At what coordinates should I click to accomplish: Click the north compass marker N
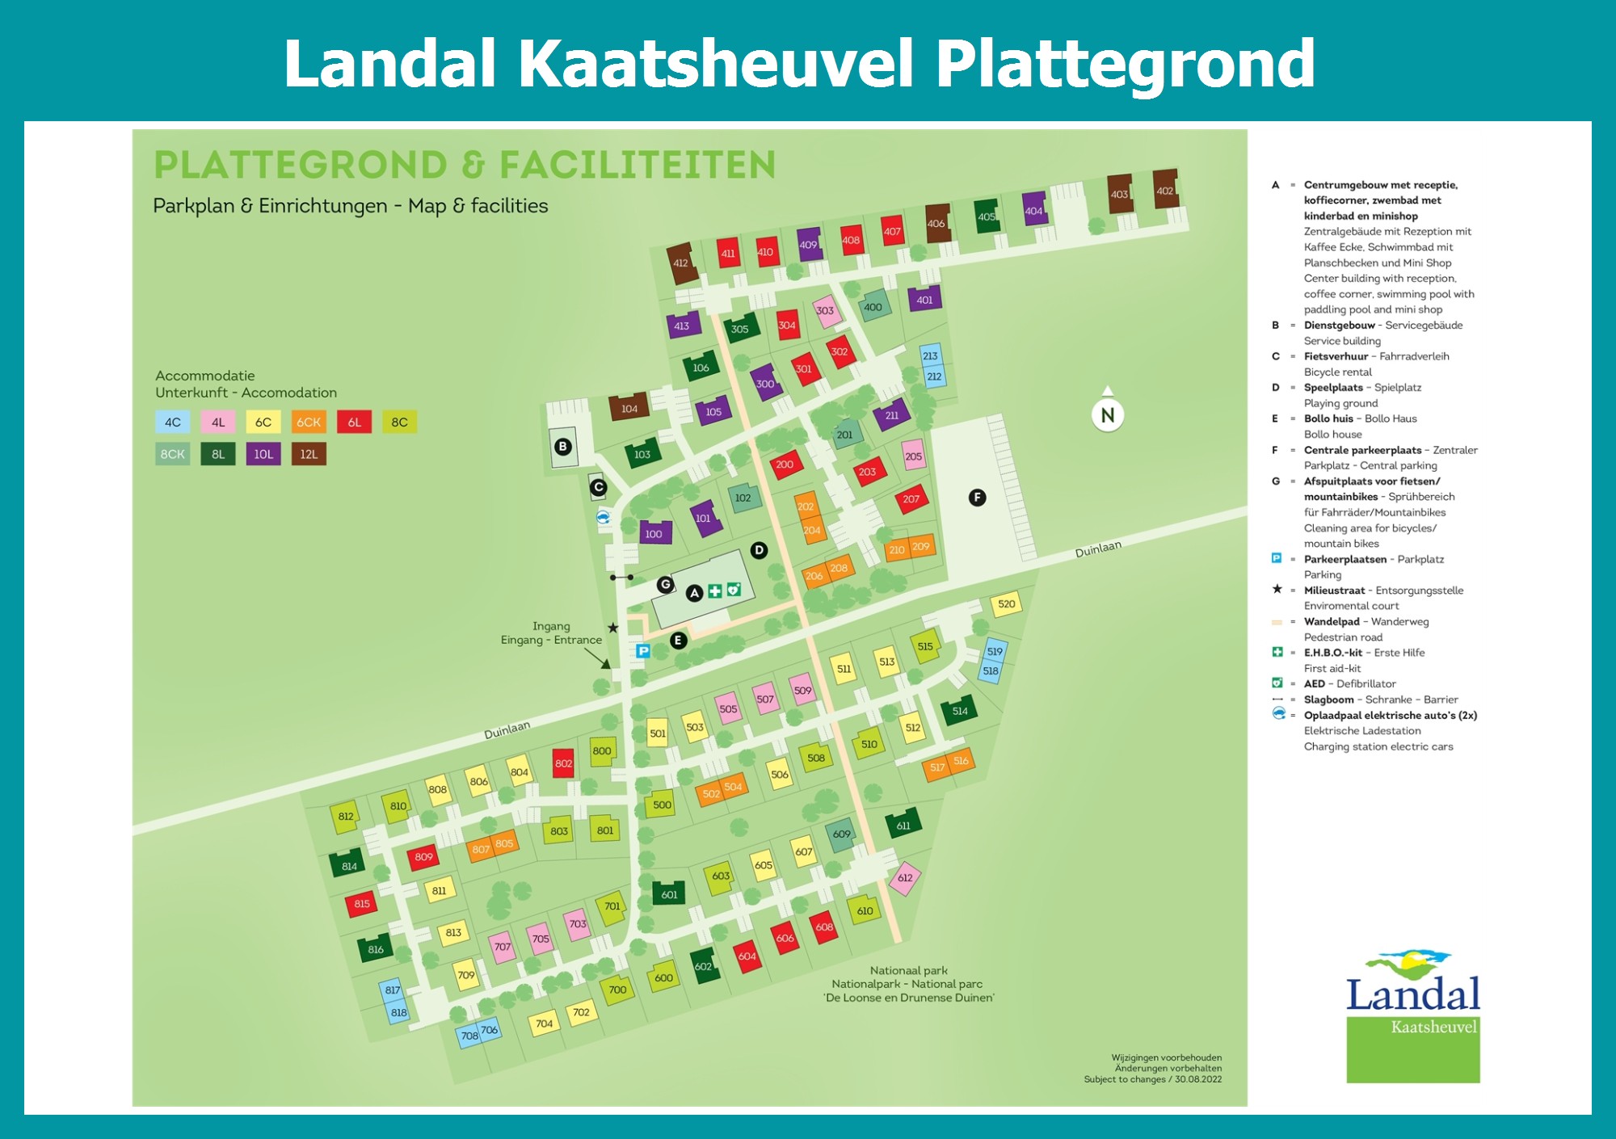pyautogui.click(x=1108, y=415)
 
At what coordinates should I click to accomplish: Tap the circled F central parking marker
pyautogui.click(x=977, y=498)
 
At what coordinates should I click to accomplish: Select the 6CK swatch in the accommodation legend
pyautogui.click(x=309, y=422)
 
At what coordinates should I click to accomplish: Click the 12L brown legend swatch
pyautogui.click(x=309, y=454)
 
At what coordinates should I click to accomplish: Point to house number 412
pyautogui.click(x=681, y=263)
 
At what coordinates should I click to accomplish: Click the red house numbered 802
pyautogui.click(x=563, y=763)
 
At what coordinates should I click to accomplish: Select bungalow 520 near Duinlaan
pyautogui.click(x=1006, y=603)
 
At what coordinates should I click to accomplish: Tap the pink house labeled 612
pyautogui.click(x=905, y=878)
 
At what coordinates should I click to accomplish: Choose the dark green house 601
pyautogui.click(x=669, y=894)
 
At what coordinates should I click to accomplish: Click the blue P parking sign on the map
pyautogui.click(x=643, y=651)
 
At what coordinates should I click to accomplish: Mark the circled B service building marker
pyautogui.click(x=563, y=447)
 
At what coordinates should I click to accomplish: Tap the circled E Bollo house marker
pyautogui.click(x=678, y=641)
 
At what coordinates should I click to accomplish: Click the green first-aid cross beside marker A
pyautogui.click(x=715, y=591)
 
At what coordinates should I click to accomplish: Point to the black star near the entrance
pyautogui.click(x=612, y=628)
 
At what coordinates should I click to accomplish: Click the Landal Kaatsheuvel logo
pyautogui.click(x=1412, y=1018)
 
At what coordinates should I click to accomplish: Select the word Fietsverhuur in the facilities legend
pyautogui.click(x=1336, y=356)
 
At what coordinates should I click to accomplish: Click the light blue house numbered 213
pyautogui.click(x=930, y=355)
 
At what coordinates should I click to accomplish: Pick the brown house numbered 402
pyautogui.click(x=1164, y=191)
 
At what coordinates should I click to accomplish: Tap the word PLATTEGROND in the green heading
pyautogui.click(x=300, y=166)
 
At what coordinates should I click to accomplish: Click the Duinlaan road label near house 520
pyautogui.click(x=1097, y=549)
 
